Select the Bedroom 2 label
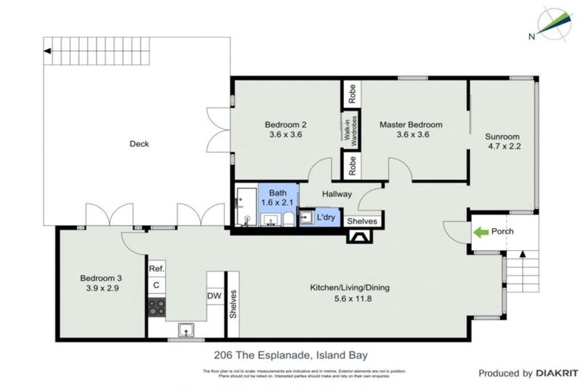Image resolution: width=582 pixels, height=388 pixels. [x=286, y=124]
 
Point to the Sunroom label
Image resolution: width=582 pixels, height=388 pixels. [x=502, y=136]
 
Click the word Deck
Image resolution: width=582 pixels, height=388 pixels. [x=139, y=143]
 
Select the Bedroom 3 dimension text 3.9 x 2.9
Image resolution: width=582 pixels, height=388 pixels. [x=101, y=289]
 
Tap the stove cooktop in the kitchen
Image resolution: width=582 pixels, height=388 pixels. [x=157, y=307]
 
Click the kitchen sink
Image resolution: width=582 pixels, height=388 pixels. [x=186, y=329]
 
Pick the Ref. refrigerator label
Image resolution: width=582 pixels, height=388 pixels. [x=157, y=269]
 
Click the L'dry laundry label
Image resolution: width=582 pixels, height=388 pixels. [x=327, y=218]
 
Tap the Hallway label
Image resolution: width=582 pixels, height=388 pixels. [x=336, y=194]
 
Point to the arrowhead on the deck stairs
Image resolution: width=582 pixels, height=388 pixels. [x=48, y=51]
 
